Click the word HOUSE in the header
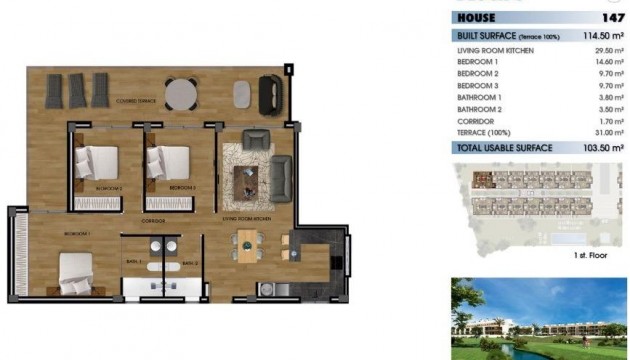(476, 17)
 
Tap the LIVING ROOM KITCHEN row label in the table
(495, 50)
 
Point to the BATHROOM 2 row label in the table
(480, 109)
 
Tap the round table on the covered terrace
(181, 93)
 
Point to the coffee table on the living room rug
(245, 178)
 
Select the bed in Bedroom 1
(75, 272)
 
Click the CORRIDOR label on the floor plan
(153, 220)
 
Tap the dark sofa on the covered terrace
(270, 95)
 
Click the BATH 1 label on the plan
(134, 262)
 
